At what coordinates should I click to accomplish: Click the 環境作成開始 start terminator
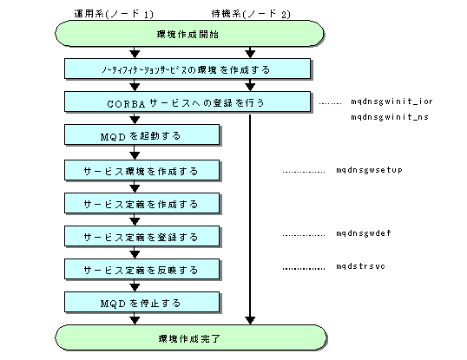coord(189,33)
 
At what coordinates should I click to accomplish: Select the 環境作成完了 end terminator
coord(191,337)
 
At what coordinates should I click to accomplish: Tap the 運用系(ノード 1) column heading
coord(114,14)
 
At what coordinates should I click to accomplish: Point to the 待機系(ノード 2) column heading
coord(251,14)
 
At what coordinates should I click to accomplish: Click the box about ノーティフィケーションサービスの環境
coord(187,69)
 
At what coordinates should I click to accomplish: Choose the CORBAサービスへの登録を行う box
coord(187,101)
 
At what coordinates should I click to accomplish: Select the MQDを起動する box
coord(141,134)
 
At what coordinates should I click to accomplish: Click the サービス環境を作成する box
coord(141,170)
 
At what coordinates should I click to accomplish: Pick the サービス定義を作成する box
coord(141,203)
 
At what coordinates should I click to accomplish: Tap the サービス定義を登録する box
coord(141,236)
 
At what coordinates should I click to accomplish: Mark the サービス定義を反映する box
coord(141,269)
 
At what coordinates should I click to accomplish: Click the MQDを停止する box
coord(141,302)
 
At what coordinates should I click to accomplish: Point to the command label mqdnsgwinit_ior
coord(391,101)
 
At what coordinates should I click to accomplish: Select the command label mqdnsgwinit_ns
coord(390,116)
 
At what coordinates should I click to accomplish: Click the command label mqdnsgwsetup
coord(369,170)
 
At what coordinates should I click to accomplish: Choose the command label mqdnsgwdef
coord(364,233)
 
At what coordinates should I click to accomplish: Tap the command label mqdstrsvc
coord(361,266)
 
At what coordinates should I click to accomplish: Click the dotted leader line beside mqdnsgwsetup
coord(304,172)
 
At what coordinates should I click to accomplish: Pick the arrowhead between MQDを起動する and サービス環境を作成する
coord(135,155)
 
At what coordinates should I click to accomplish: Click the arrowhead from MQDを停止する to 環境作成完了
coord(135,320)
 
